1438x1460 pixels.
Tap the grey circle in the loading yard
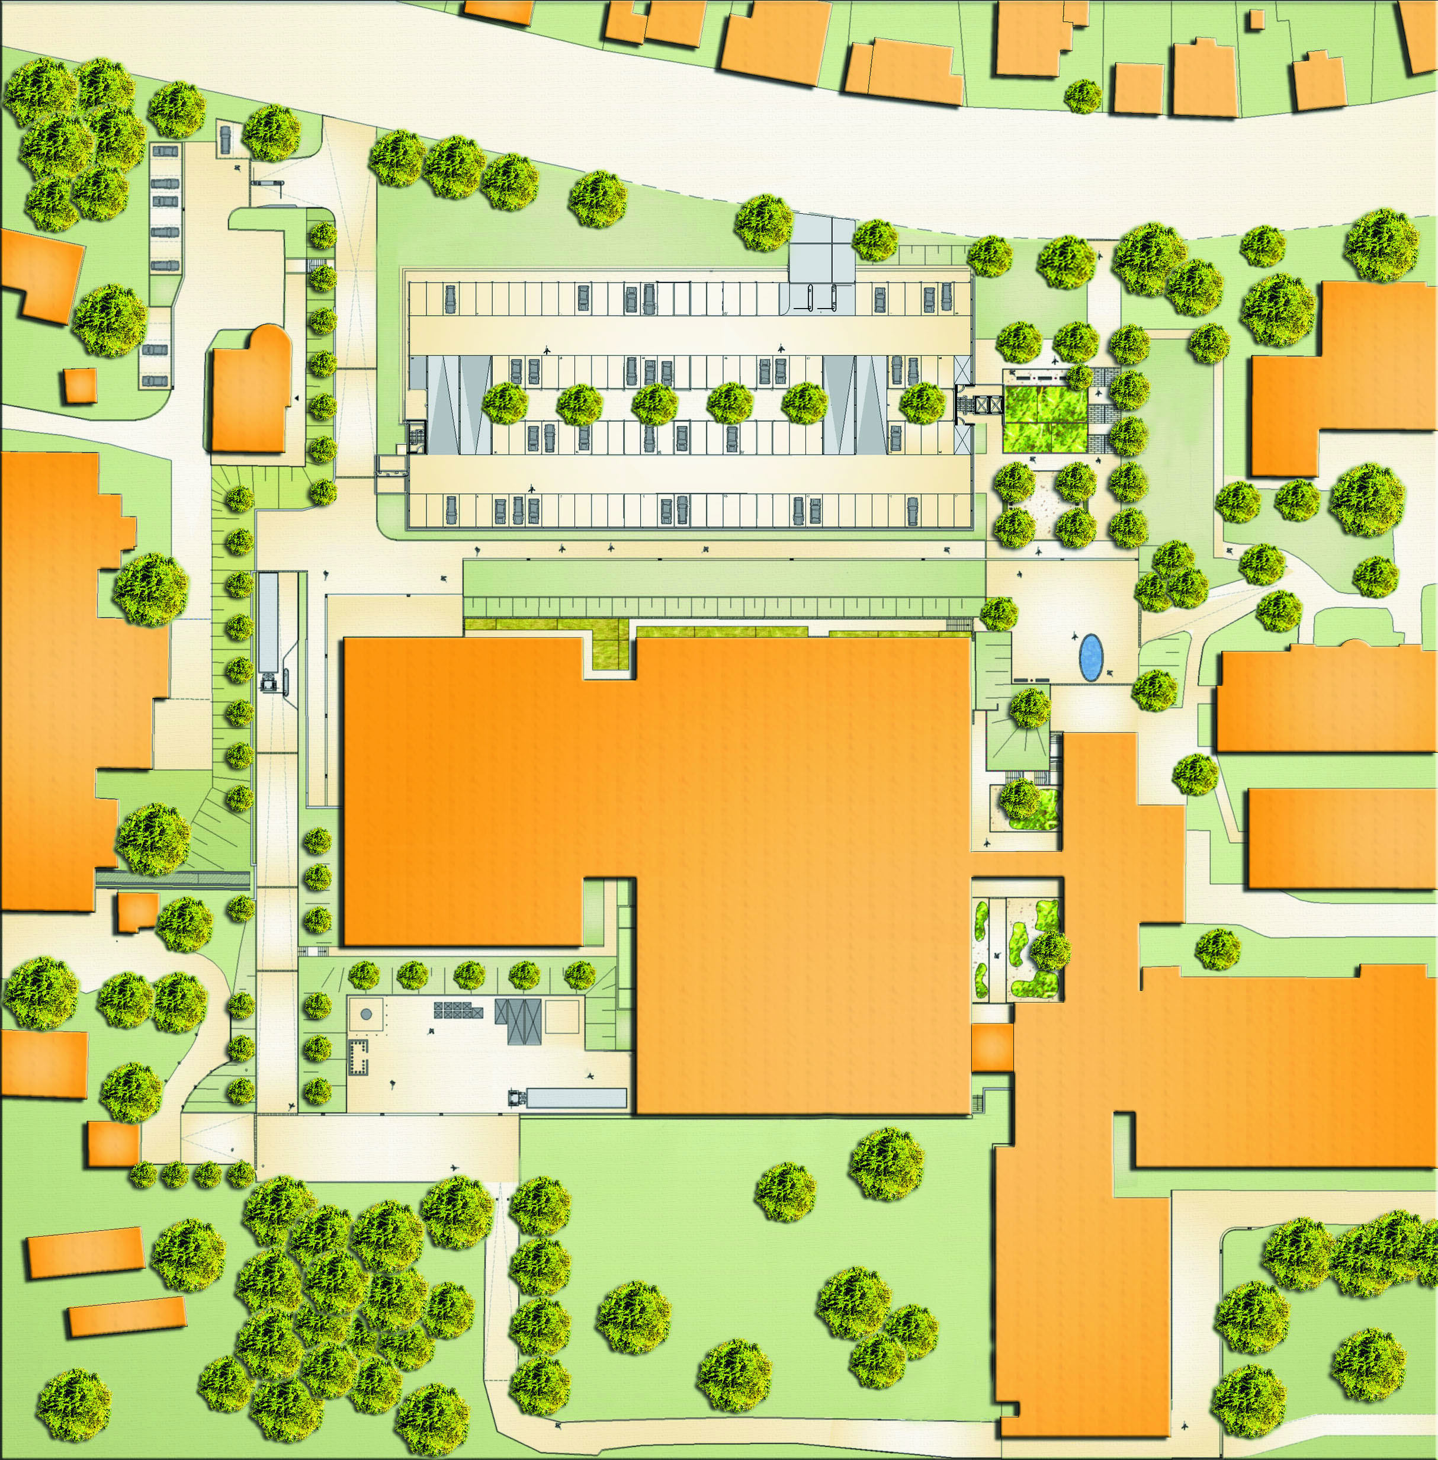coord(365,1015)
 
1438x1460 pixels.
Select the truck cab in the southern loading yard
coord(516,1098)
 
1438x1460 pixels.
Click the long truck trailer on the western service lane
coord(268,621)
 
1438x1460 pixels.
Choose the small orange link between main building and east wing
coord(991,1048)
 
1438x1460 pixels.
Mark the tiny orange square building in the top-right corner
coord(1256,19)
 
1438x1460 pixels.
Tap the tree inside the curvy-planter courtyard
coord(1050,949)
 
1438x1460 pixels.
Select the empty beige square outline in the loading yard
coord(562,1016)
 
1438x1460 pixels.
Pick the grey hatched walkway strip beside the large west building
coord(174,879)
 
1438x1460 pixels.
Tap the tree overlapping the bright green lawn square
coord(1081,376)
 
